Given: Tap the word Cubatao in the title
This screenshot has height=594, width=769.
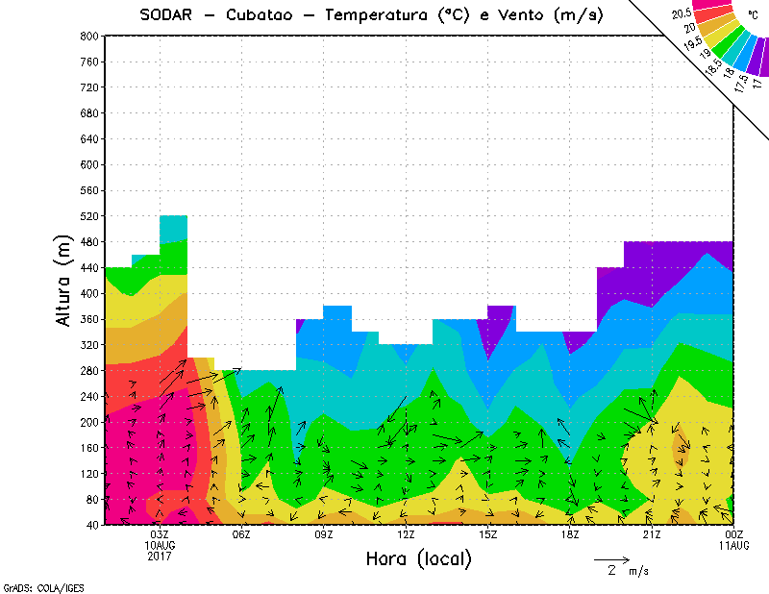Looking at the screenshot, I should pos(271,15).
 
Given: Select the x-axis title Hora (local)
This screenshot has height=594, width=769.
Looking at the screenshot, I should pos(417,559).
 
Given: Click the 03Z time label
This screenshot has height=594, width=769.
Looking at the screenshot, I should pos(160,534).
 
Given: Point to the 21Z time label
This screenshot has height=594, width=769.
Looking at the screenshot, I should pos(652,534).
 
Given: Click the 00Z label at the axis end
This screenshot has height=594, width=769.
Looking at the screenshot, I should pos(733,534).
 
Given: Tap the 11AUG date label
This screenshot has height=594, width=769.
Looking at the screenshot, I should pos(733,545).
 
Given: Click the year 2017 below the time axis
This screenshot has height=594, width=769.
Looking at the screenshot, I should pos(160,556).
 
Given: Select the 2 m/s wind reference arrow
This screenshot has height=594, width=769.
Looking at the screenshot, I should pos(610,558).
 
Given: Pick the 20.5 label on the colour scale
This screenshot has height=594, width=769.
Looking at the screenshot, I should pos(682,13).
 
